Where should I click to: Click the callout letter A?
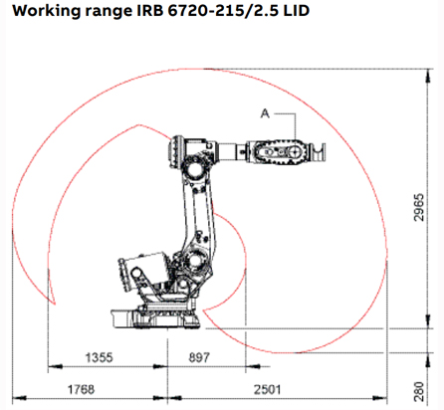(x=263, y=114)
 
